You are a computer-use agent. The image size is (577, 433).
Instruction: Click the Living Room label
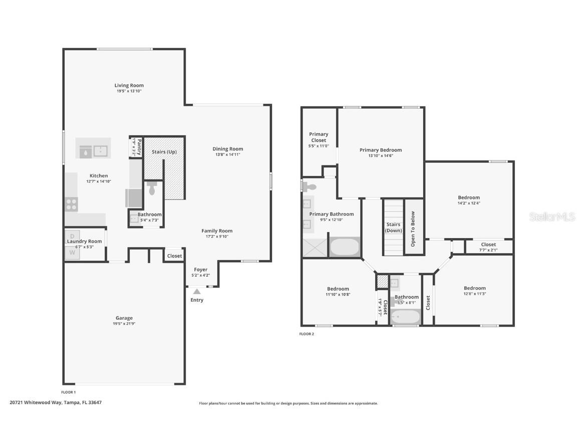point(129,85)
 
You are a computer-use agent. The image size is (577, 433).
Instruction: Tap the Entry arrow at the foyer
point(197,291)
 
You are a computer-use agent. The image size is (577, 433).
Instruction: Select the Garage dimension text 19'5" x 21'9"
point(124,324)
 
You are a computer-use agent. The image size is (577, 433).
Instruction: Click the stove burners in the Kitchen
point(71,204)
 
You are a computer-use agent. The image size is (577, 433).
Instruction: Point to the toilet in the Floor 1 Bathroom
point(152,189)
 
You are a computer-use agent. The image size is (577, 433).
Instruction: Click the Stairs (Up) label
point(164,152)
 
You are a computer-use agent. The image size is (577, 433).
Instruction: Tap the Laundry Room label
point(84,241)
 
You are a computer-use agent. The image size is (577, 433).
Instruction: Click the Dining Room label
point(227,149)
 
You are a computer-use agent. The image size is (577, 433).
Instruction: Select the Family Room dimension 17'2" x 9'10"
point(217,237)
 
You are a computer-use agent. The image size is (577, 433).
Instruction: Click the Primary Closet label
point(318,137)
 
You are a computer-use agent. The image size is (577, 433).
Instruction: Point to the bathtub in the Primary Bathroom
point(345,247)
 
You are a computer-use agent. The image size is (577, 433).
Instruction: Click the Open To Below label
point(413,229)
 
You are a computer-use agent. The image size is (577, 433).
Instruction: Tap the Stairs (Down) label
point(393,228)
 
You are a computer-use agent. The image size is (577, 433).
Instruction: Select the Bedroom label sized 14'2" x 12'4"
point(468,197)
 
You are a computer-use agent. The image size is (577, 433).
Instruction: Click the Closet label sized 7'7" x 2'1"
point(488,245)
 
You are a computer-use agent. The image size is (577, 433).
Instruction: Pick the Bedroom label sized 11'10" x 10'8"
point(338,289)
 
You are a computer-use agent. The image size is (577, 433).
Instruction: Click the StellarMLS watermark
point(552,216)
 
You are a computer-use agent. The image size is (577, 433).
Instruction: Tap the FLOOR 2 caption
point(307,334)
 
